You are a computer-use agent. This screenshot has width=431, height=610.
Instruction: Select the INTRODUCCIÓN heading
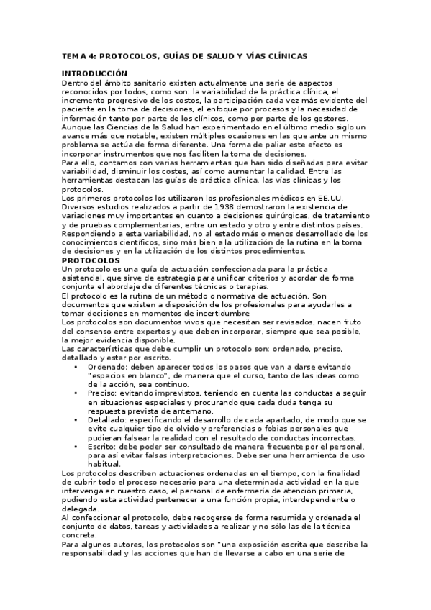pos(94,73)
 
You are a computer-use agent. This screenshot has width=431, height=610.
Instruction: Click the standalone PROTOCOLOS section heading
pos(91,260)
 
